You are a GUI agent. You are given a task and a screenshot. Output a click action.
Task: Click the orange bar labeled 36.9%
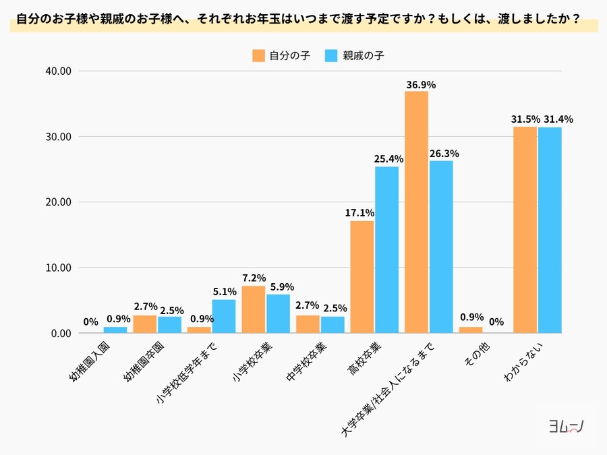pyautogui.click(x=416, y=212)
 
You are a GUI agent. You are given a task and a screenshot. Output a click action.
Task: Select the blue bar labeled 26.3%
pyautogui.click(x=441, y=247)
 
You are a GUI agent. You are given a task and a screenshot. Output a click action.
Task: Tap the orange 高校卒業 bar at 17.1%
pyautogui.click(x=362, y=276)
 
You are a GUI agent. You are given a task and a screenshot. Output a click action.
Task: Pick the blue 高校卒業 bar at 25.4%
pyautogui.click(x=386, y=249)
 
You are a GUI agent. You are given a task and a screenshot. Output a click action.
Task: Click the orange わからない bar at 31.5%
pyautogui.click(x=525, y=229)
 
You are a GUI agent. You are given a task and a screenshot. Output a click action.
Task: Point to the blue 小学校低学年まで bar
pyautogui.click(x=224, y=316)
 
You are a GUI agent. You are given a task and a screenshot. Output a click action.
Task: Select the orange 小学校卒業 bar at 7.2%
pyautogui.click(x=253, y=309)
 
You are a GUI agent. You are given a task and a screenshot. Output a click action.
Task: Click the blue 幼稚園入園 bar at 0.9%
pyautogui.click(x=115, y=330)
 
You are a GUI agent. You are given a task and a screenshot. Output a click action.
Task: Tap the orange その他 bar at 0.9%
pyautogui.click(x=471, y=330)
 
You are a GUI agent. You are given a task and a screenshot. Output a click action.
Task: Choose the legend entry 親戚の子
pyautogui.click(x=354, y=56)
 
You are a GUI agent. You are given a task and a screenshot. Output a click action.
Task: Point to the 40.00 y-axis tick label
pyautogui.click(x=57, y=71)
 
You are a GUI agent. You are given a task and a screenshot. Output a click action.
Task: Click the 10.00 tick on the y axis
pyautogui.click(x=57, y=268)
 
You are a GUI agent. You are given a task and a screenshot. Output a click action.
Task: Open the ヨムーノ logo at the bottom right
pyautogui.click(x=565, y=426)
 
